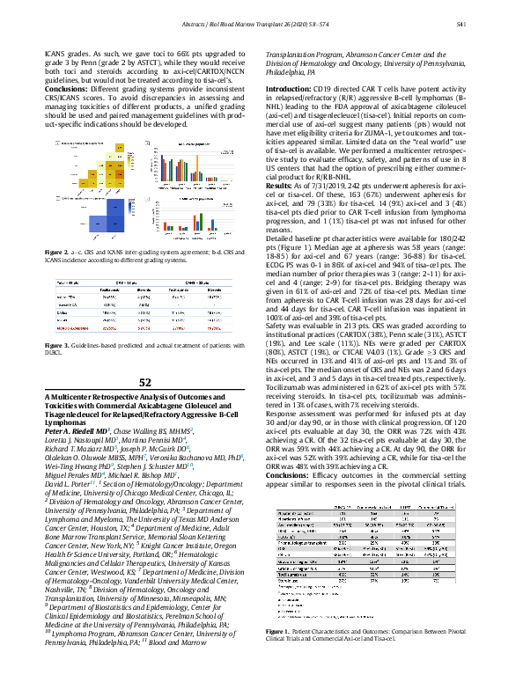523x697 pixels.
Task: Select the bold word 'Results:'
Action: [x=281, y=187]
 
